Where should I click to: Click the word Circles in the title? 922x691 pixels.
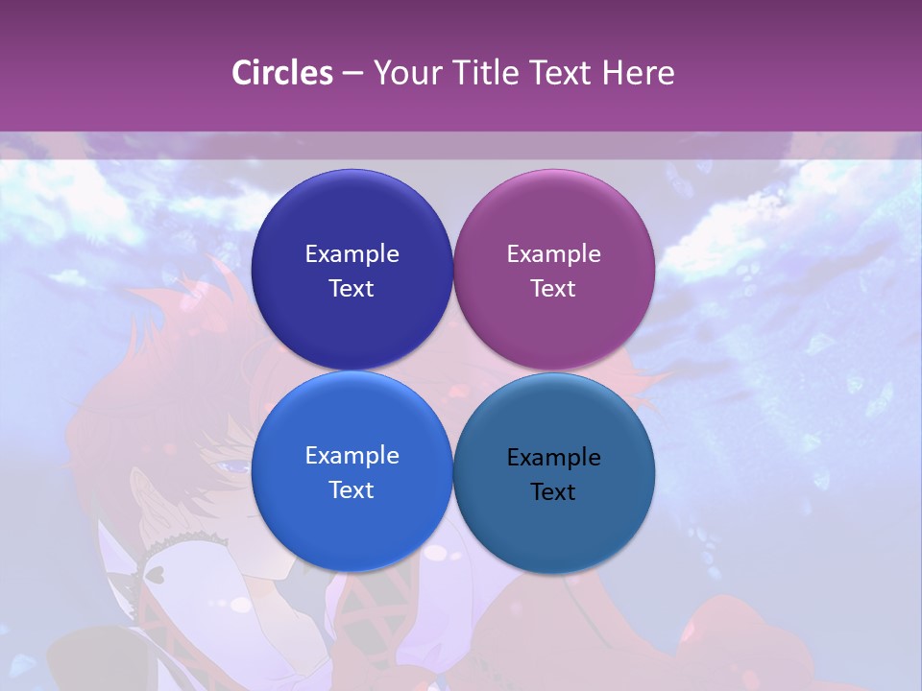click(282, 73)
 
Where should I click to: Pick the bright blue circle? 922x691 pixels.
click(352, 518)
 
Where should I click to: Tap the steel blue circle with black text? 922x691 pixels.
click(553, 523)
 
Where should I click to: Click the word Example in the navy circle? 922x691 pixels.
click(352, 254)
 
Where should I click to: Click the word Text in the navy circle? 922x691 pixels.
click(352, 289)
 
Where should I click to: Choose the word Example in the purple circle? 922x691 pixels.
click(553, 254)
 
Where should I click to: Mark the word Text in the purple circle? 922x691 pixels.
click(553, 289)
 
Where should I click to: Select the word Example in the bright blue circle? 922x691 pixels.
click(352, 456)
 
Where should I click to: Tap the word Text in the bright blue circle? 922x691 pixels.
click(352, 490)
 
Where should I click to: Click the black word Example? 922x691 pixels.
click(553, 458)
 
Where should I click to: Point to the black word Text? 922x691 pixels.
click(553, 492)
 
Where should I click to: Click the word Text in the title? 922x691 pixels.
click(563, 73)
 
